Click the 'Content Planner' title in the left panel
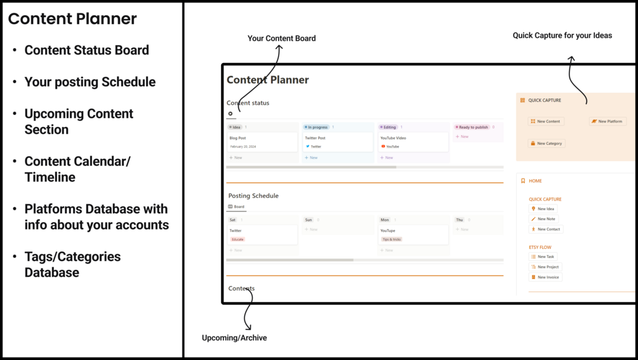point(72,19)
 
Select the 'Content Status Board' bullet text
point(86,50)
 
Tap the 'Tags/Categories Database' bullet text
point(72,264)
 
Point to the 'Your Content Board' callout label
point(281,38)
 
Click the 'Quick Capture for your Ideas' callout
point(562,36)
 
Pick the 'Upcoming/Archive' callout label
point(234,338)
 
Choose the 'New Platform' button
point(607,121)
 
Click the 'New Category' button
point(546,143)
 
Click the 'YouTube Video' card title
point(393,138)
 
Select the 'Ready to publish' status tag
point(472,127)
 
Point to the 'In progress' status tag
point(316,127)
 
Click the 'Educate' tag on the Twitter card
point(237,239)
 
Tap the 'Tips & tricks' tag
point(391,239)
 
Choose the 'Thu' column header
point(459,220)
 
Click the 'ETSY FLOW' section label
point(540,247)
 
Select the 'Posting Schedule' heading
point(253,196)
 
